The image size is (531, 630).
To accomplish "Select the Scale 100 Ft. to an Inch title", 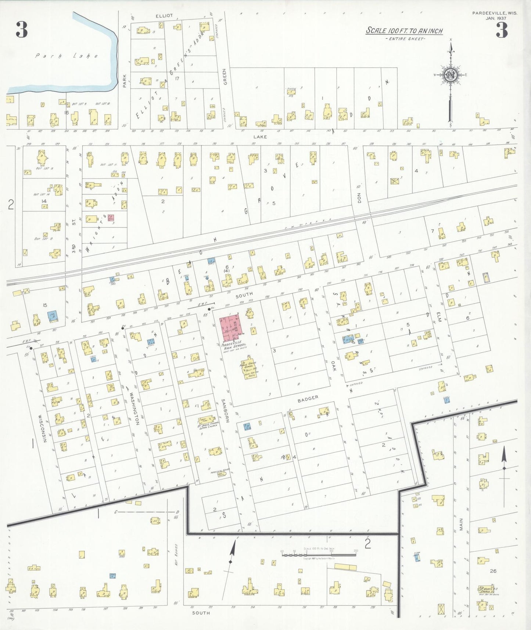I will tap(404, 31).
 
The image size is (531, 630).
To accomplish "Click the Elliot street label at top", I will tap(164, 16).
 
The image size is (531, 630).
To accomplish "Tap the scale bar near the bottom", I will tap(319, 554).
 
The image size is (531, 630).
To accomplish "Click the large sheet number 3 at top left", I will tap(22, 30).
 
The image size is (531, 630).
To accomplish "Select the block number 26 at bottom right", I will tap(493, 571).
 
